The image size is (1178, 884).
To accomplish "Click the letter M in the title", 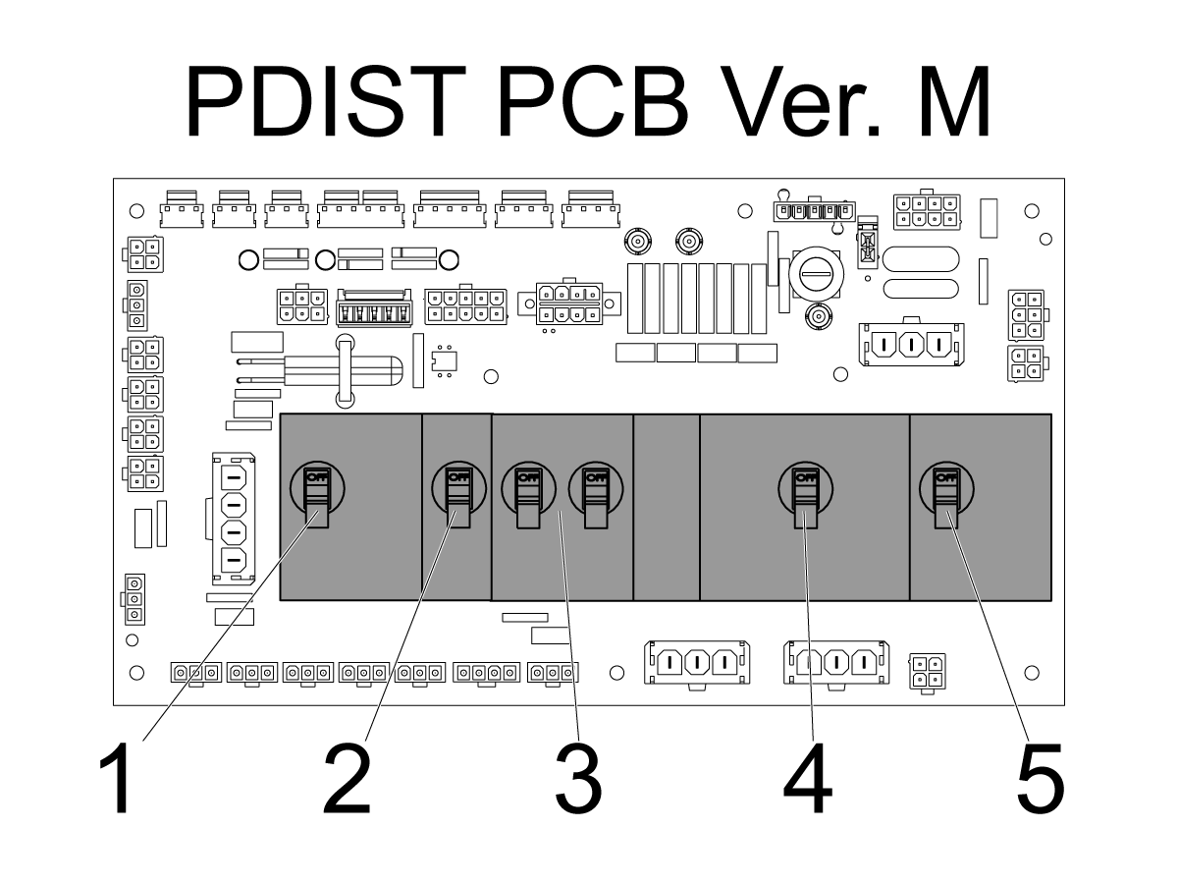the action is [954, 101].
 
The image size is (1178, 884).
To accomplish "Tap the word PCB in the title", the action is [594, 101].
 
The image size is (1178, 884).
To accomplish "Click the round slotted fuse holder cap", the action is [816, 274].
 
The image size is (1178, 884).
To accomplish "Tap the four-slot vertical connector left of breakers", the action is [234, 518].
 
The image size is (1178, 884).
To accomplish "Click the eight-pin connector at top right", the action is [927, 211].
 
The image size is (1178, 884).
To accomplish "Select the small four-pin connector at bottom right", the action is [928, 672].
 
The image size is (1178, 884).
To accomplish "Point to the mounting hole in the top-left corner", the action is [136, 211].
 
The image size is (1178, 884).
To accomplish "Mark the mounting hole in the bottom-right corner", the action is [1032, 673].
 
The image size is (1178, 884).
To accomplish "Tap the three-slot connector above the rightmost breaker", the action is [911, 344].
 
